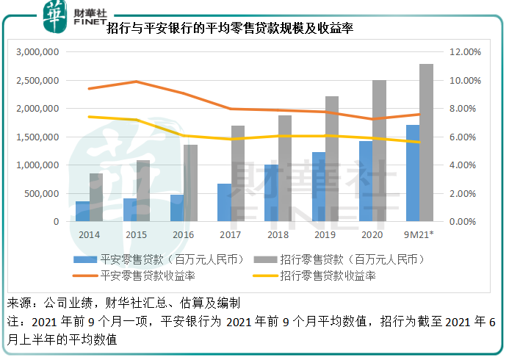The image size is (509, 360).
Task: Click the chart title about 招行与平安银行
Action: point(231,29)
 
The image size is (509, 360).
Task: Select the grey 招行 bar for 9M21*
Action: point(426,143)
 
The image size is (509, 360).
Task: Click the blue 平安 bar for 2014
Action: point(82,212)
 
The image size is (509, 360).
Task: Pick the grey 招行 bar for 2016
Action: point(190,183)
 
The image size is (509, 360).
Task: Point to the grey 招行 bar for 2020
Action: point(379,151)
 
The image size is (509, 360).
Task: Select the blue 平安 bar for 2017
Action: point(224,202)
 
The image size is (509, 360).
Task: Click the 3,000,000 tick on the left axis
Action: point(36,52)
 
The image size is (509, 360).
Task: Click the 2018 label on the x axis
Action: point(278,234)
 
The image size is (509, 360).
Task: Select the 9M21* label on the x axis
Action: point(419,234)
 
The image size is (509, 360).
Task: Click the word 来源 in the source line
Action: point(20,303)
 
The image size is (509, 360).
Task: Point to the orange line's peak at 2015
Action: point(137,82)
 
